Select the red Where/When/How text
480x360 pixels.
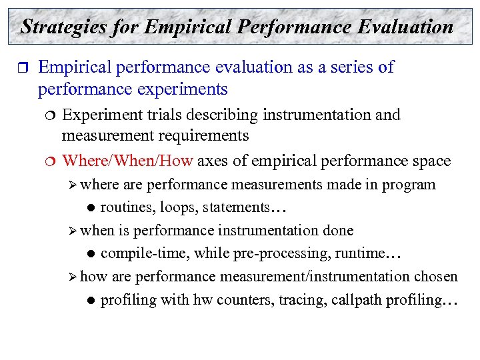click(127, 161)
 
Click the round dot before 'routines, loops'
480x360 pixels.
click(89, 208)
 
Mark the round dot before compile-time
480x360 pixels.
click(89, 254)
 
